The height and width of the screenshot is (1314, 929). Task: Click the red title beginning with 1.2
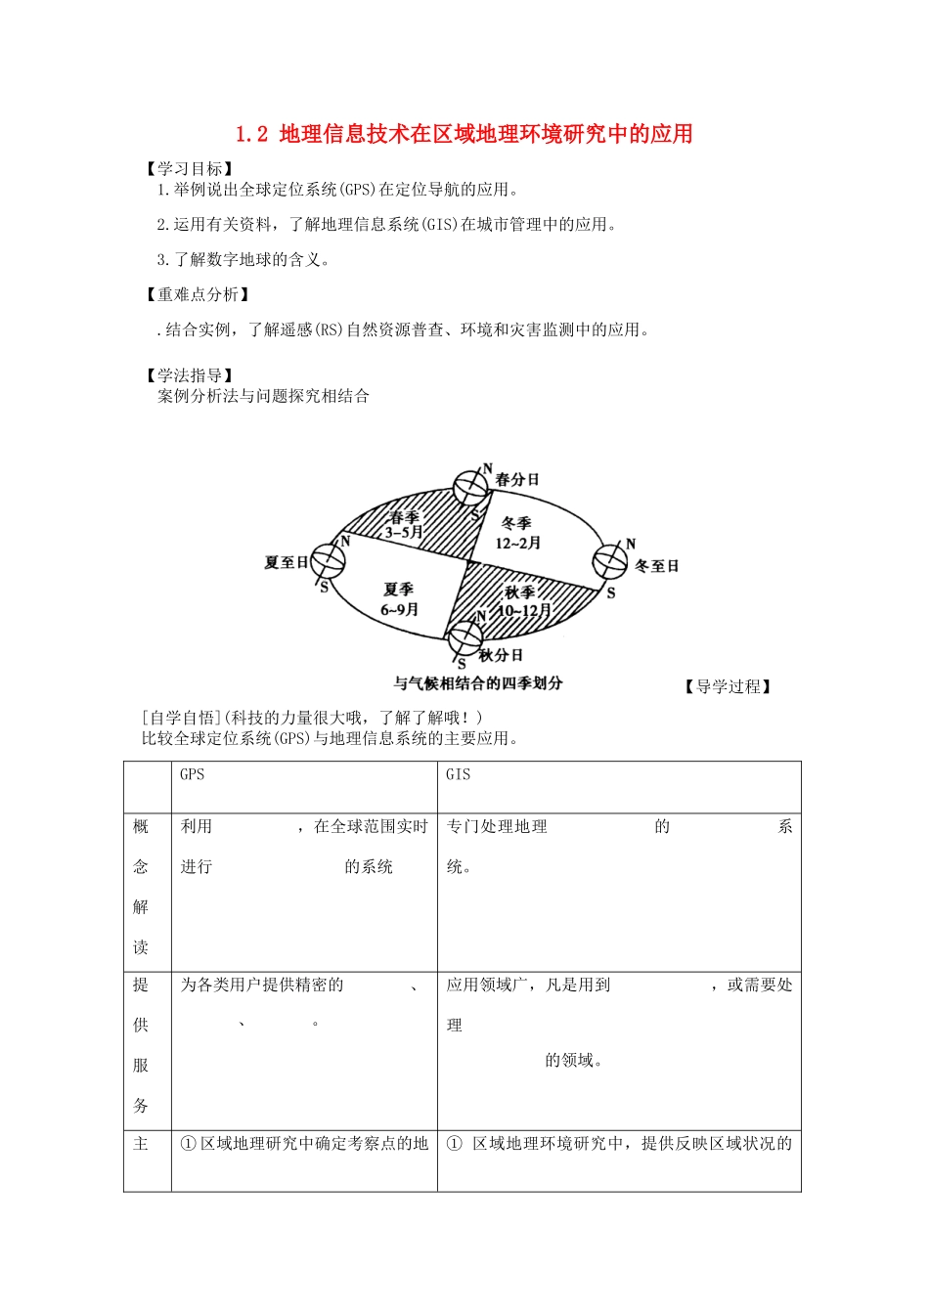click(x=464, y=134)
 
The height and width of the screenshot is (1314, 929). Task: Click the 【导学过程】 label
click(x=728, y=686)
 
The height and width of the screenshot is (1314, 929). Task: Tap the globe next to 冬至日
click(x=610, y=562)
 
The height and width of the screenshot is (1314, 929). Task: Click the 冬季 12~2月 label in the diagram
click(x=517, y=534)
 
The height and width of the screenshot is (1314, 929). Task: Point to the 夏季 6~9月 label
click(x=399, y=599)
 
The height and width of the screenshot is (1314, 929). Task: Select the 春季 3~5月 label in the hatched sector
click(x=404, y=525)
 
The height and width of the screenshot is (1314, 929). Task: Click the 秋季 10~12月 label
click(x=523, y=601)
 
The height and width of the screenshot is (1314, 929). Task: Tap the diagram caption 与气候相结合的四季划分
click(x=477, y=683)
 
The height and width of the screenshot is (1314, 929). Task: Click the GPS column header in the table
click(x=193, y=774)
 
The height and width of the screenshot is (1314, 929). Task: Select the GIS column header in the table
click(x=458, y=774)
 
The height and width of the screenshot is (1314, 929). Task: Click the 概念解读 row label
click(x=141, y=887)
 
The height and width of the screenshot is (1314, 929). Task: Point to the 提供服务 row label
click(x=141, y=1045)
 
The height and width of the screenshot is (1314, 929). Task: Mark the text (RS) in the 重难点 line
click(x=328, y=330)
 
